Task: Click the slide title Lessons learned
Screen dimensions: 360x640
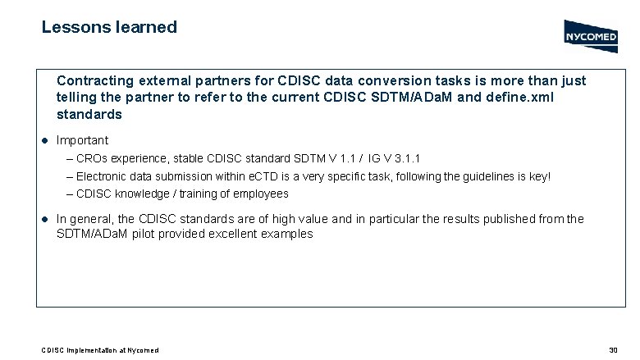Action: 109,27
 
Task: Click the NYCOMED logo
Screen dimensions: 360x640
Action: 591,35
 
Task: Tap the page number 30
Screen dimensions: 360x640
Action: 612,350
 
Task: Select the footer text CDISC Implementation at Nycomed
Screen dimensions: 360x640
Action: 100,350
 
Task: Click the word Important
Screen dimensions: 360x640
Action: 82,140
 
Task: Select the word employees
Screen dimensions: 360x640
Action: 261,194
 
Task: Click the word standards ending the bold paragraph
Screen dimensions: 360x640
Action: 89,114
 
